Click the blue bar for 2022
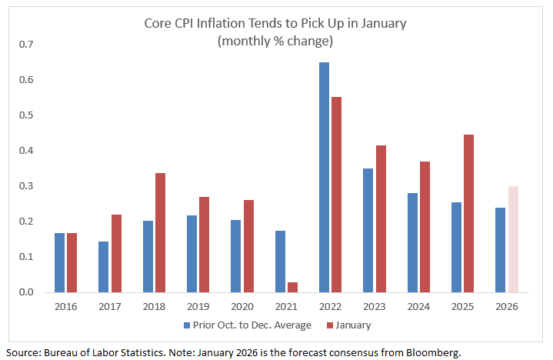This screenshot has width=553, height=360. click(324, 177)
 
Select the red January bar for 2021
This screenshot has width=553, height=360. click(291, 287)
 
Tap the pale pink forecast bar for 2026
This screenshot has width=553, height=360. click(513, 239)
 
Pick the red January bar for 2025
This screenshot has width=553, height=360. click(469, 213)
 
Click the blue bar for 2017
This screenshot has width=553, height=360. click(103, 267)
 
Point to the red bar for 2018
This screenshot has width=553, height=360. click(160, 232)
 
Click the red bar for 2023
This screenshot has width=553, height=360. click(380, 218)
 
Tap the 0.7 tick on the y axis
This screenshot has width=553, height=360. click(28, 45)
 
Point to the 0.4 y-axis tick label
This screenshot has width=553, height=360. click(28, 151)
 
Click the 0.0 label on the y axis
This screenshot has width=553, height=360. click(28, 292)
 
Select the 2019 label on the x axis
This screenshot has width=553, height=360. click(198, 305)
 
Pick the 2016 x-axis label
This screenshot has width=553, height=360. click(65, 305)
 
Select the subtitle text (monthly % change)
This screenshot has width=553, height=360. click(275, 40)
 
